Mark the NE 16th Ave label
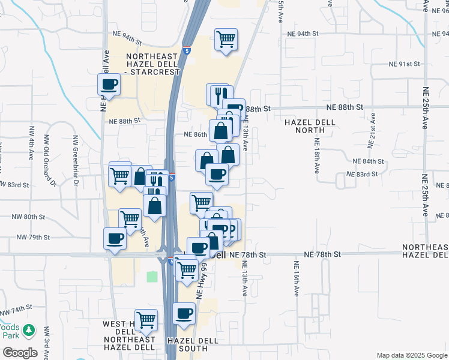point(297,280)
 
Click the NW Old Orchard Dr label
point(52,161)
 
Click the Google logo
point(20,352)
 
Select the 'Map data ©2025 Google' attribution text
point(411,355)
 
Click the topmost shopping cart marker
point(226,40)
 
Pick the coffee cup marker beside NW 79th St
point(115,238)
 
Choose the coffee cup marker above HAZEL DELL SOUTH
point(184,313)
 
